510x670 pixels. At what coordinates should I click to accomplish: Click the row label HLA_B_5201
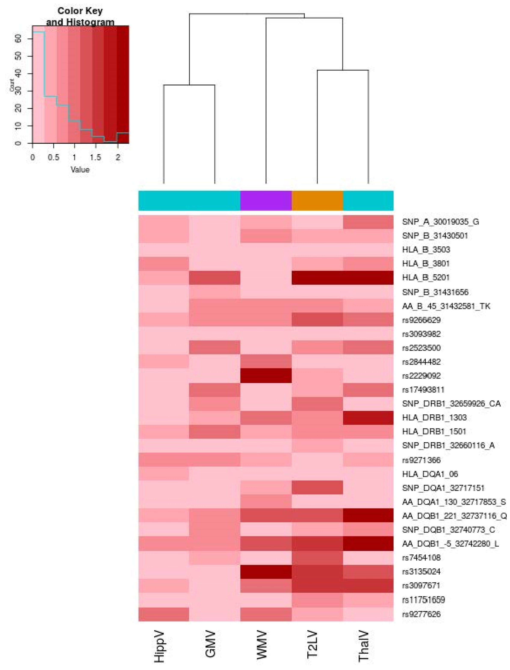click(x=426, y=277)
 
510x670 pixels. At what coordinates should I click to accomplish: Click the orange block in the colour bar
click(x=317, y=201)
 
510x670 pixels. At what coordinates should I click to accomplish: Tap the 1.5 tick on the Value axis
click(x=95, y=157)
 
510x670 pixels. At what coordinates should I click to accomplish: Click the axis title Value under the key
click(x=80, y=170)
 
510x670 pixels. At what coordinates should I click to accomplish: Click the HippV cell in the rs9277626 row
click(x=164, y=614)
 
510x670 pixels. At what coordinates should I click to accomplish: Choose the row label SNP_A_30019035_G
click(x=440, y=222)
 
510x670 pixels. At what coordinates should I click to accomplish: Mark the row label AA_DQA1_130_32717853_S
click(x=453, y=502)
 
